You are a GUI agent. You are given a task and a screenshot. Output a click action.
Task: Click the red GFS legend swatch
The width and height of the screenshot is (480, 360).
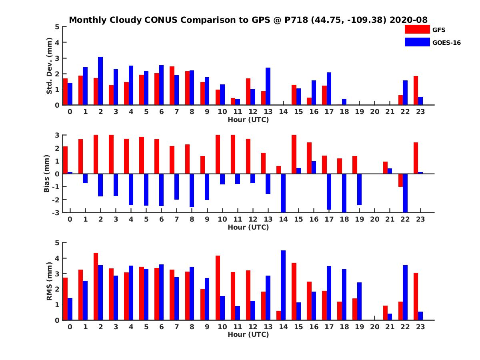pos(417,29)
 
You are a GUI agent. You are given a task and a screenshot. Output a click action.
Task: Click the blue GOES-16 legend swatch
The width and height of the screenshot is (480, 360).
pos(417,42)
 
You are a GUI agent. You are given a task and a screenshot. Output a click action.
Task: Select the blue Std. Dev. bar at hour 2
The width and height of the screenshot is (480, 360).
pos(100,81)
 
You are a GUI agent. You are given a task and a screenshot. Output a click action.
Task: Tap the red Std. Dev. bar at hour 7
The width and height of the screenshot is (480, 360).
pos(172,86)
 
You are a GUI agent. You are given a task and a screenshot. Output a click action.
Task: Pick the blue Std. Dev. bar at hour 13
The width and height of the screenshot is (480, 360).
pos(268,86)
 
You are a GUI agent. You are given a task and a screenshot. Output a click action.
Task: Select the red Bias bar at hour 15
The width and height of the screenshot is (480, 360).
pos(294,154)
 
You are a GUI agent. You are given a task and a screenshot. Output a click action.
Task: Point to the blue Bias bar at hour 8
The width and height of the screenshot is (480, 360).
pos(192,190)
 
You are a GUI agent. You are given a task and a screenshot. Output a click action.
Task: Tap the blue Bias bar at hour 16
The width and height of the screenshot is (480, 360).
pos(314,168)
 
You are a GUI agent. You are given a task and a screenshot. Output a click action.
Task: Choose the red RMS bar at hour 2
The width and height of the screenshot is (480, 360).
pos(96,286)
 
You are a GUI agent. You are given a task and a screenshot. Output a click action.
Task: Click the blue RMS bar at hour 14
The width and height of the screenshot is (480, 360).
pos(283,285)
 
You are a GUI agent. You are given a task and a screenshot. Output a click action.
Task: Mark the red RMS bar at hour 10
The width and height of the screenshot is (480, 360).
pos(218,288)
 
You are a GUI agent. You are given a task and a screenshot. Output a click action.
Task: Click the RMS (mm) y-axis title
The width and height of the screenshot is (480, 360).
pos(50,281)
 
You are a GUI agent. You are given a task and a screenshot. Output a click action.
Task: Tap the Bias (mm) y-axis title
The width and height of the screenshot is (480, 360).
pos(46,173)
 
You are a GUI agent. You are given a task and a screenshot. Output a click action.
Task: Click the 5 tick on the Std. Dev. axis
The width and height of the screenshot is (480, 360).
pos(58,27)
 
